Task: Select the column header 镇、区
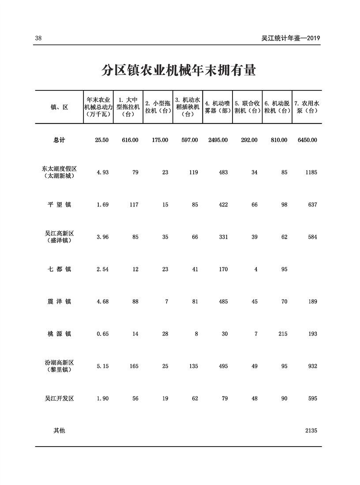59,107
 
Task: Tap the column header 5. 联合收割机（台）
247,107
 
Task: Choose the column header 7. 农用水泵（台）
307,107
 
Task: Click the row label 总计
59,140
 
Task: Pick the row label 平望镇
59,205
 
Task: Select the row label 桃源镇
59,334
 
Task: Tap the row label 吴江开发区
59,399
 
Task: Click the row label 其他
59,431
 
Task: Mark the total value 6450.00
307,140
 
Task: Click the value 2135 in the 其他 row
311,431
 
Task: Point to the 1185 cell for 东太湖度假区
311,173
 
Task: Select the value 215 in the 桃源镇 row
282,334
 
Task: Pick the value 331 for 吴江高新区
223,237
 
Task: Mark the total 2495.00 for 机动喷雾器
218,140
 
